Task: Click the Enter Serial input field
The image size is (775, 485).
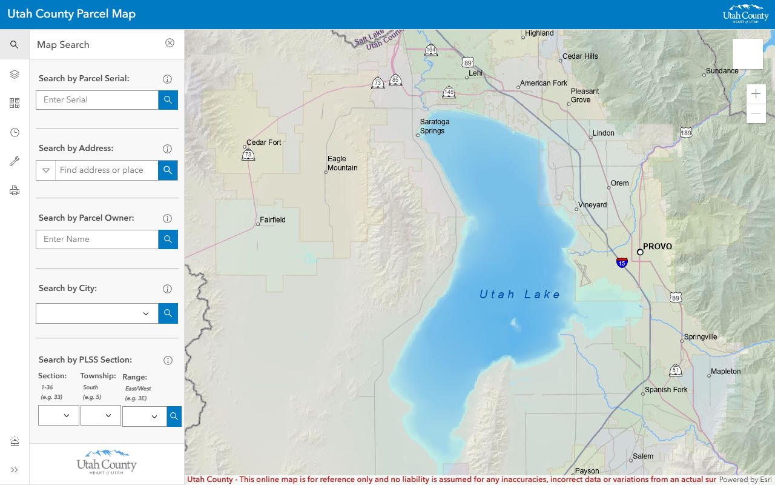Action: (97, 100)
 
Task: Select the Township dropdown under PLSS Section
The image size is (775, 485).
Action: (101, 415)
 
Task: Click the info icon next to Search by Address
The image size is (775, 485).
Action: (168, 149)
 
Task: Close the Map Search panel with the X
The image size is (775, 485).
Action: (170, 43)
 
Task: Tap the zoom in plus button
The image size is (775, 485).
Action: (756, 94)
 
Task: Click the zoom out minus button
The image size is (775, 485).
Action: (756, 113)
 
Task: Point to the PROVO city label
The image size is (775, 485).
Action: (657, 247)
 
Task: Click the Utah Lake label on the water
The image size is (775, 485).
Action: (519, 295)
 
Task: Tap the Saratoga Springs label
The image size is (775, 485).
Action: (435, 126)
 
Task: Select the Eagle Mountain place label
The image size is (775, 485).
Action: (343, 164)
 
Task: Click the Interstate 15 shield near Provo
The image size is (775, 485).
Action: (622, 263)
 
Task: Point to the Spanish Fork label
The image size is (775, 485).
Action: (666, 390)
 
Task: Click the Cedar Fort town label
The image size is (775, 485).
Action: (264, 142)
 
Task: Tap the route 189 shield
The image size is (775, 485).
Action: (685, 133)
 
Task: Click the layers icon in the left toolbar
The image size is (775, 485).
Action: (15, 74)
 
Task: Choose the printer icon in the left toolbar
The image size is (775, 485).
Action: (15, 191)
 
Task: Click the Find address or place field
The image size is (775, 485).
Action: (107, 170)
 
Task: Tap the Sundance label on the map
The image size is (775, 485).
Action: (722, 71)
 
